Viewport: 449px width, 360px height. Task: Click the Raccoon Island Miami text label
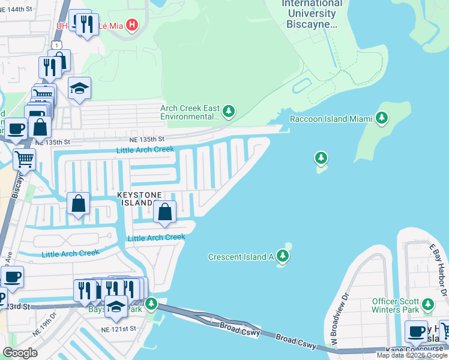327,119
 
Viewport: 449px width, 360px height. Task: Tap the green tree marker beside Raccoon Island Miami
381,118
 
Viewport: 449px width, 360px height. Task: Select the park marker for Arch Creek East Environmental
228,112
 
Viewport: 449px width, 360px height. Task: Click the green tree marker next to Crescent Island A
283,257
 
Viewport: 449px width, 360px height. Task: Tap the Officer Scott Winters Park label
397,304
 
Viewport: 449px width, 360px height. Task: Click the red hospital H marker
133,25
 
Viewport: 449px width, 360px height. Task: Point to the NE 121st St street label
119,329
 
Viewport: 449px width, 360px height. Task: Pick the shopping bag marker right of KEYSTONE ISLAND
164,211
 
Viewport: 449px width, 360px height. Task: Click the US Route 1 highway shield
56,46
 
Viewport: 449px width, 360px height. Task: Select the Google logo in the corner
20,353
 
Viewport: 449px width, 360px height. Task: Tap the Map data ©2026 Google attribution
412,355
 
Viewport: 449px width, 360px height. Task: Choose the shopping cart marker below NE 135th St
24,159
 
